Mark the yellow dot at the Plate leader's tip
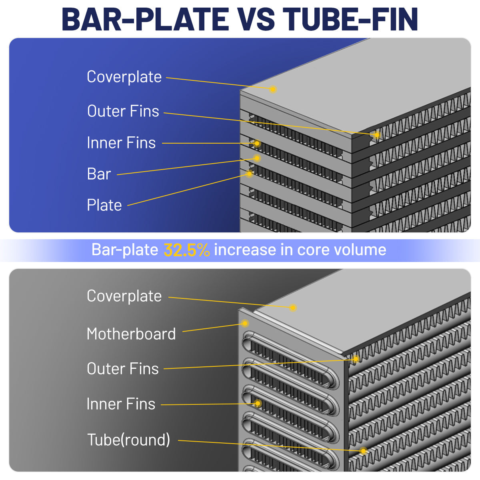coord(249,174)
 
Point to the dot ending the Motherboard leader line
coord(245,323)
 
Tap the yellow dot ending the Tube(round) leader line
coord(364,451)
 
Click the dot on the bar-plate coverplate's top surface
coord(273,89)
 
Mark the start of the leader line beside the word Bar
coord(117,175)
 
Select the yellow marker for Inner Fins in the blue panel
coord(257,143)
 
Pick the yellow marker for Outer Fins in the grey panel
coord(356,359)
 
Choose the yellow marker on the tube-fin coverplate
coord(293,308)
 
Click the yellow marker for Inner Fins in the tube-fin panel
coord(258,403)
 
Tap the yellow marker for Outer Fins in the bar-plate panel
coord(377,135)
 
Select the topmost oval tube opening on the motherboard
coord(290,360)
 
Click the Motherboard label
coord(131,334)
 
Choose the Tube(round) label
coord(128,440)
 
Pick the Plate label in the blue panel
coord(104,205)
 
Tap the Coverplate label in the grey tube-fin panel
coord(124,296)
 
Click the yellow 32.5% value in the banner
coord(186,250)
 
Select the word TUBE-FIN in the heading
coord(350,19)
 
